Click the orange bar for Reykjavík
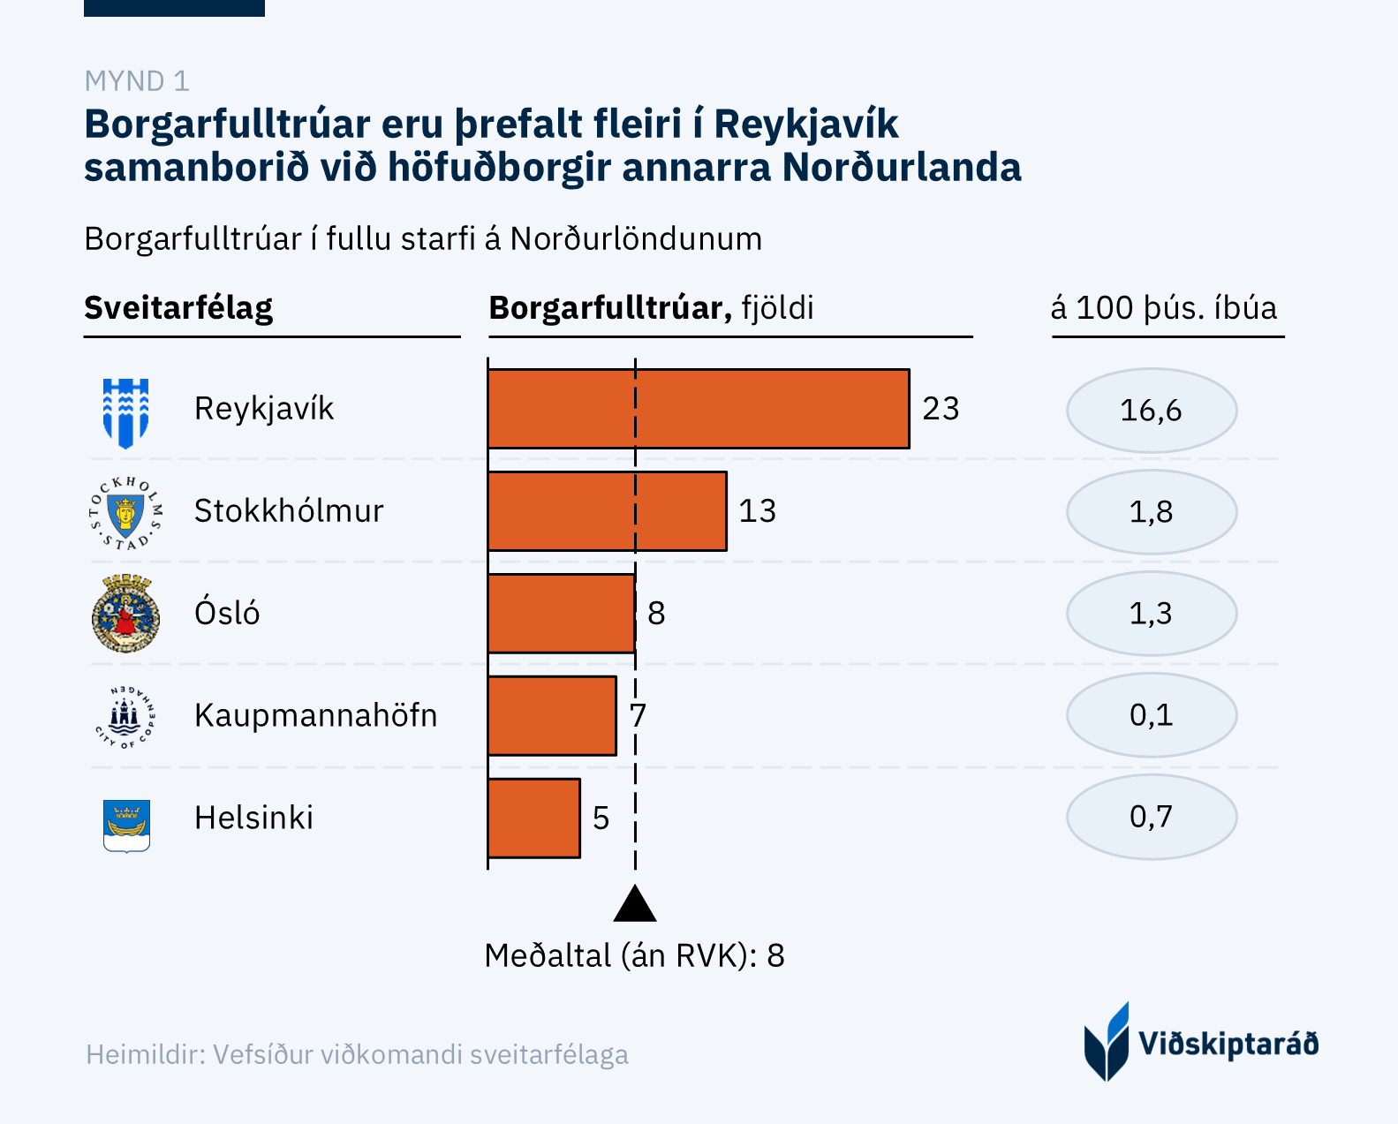pos(698,409)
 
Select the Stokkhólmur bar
pos(607,511)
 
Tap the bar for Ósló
pos(561,614)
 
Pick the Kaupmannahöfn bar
pos(552,715)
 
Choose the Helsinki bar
pos(533,818)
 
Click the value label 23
pos(941,409)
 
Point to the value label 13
pos(758,511)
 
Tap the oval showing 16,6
pos(1151,411)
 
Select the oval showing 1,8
pos(1151,512)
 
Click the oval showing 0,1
pos(1151,715)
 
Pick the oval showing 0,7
pos(1151,817)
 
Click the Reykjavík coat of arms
pos(126,412)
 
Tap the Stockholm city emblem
pos(126,513)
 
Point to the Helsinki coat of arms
pos(126,825)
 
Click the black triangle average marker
pos(635,905)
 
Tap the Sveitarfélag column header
pos(178,308)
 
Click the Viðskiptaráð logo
pos(1200,1043)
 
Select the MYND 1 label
pos(137,81)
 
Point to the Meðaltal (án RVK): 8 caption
pos(634,955)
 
